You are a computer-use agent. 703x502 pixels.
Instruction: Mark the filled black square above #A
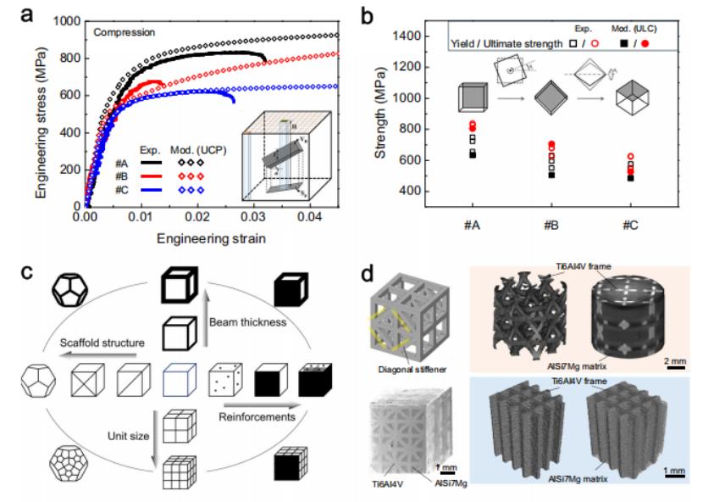click(473, 154)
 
